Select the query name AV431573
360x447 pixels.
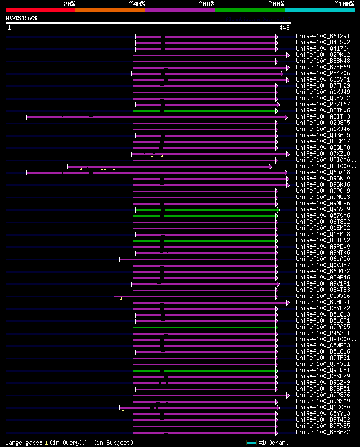pos(21,19)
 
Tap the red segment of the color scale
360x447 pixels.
pos(40,10)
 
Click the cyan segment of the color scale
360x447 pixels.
pos(319,10)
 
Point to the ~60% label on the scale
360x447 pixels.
pos(206,4)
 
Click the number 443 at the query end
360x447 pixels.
pos(284,28)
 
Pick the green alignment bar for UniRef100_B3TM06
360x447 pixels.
pos(205,111)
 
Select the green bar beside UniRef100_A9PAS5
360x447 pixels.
pos(205,327)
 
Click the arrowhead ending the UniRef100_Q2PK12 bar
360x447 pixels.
pos(287,55)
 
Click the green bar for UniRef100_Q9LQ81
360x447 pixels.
pos(205,371)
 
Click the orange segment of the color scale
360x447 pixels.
pos(110,10)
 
